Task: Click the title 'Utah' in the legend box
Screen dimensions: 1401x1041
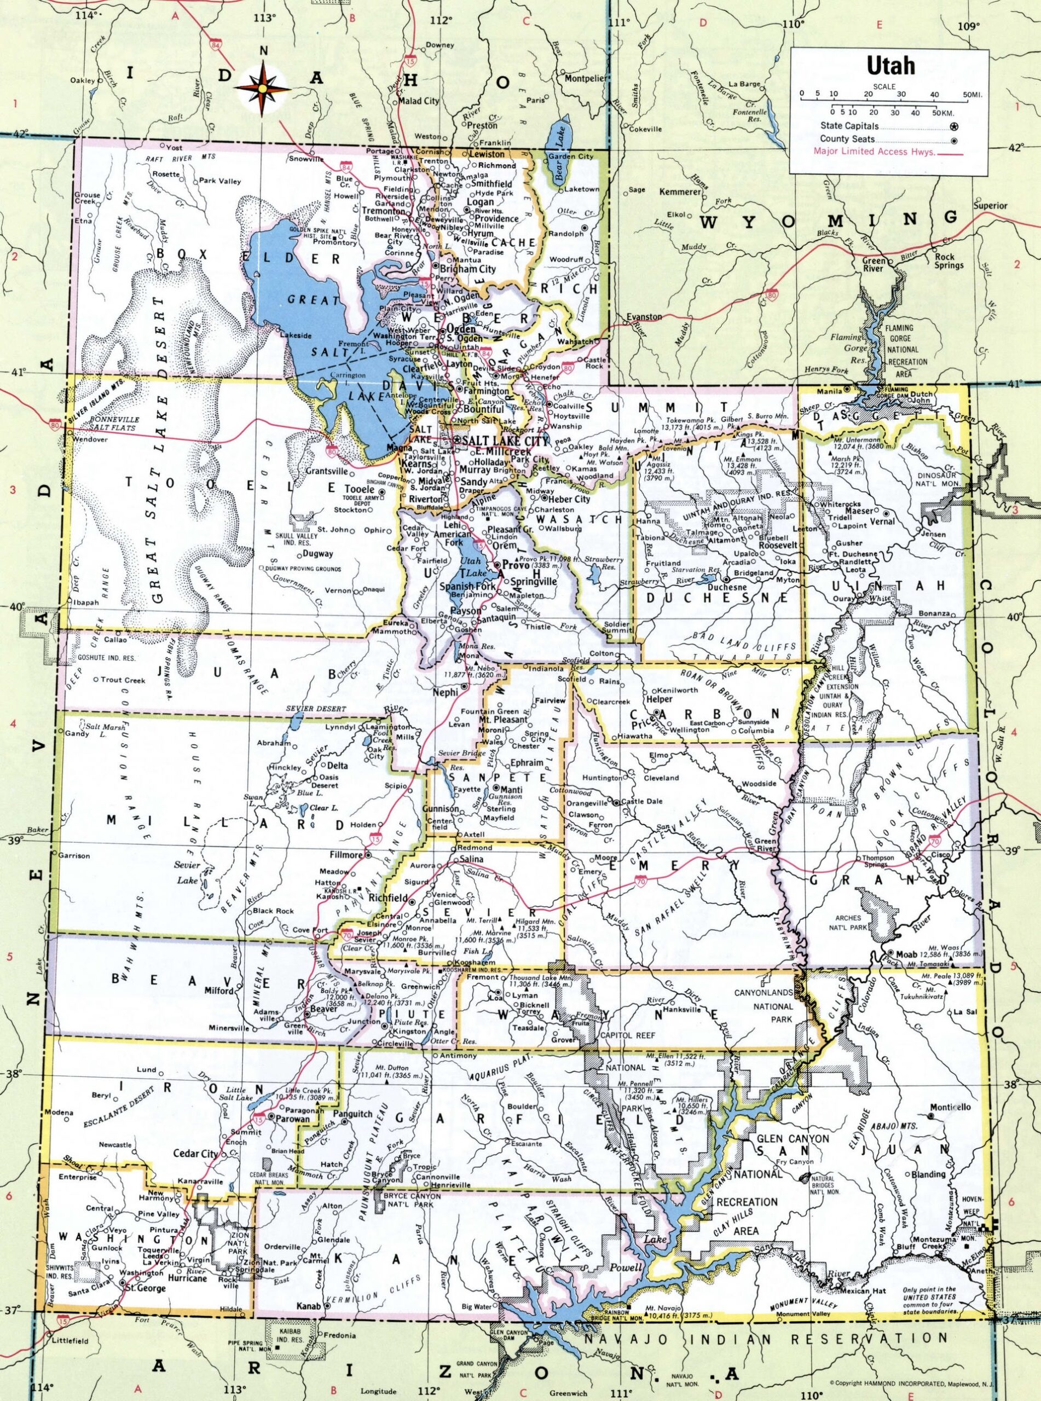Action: pos(892,66)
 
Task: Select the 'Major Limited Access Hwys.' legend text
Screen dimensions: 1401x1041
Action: pos(874,151)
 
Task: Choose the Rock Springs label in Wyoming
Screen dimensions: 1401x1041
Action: pos(949,261)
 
